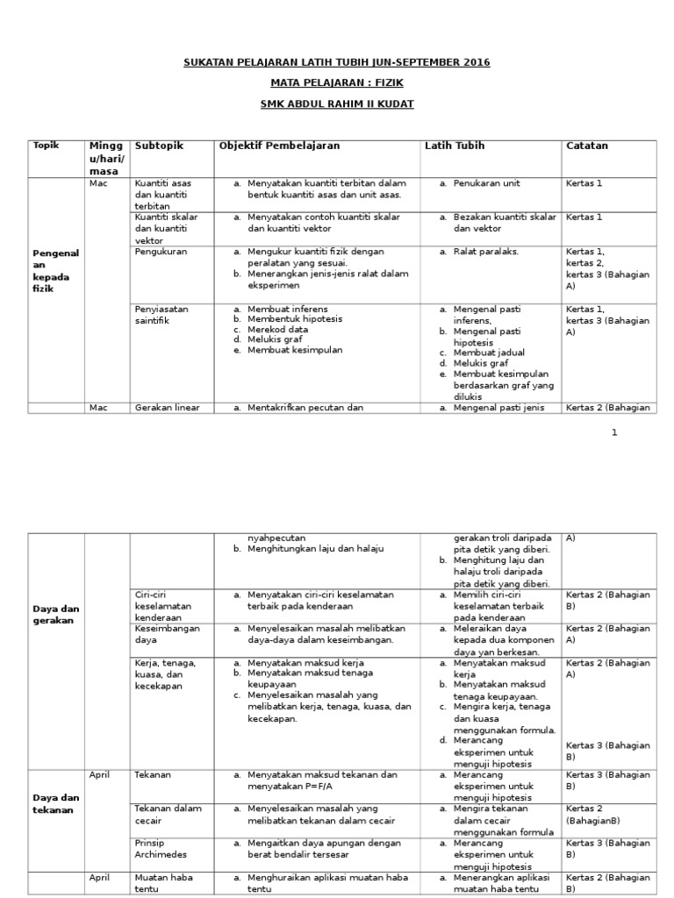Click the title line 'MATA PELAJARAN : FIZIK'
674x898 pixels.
[336, 82]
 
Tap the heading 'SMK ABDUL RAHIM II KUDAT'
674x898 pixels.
[337, 103]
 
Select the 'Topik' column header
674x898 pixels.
[46, 146]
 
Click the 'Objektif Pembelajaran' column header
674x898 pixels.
[278, 146]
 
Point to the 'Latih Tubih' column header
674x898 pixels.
[455, 146]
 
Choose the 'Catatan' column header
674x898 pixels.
[587, 146]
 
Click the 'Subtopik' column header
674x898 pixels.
[160, 146]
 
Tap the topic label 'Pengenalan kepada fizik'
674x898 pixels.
[55, 270]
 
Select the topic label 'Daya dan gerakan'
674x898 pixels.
[55, 614]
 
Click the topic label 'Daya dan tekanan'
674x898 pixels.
[55, 803]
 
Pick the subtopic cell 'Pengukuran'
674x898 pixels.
[161, 252]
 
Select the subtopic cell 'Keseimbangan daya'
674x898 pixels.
[167, 634]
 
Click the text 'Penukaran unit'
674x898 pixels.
[486, 183]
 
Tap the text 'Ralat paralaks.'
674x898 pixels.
[485, 252]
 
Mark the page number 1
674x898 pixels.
[614, 432]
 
